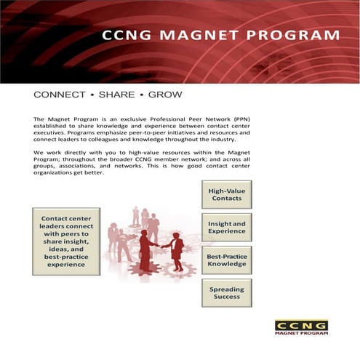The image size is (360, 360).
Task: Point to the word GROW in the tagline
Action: click(x=165, y=95)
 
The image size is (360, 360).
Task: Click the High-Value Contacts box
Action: click(x=226, y=194)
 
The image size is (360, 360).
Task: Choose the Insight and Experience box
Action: click(x=226, y=227)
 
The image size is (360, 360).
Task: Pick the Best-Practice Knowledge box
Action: click(x=226, y=260)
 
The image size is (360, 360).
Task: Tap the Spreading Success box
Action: click(x=226, y=293)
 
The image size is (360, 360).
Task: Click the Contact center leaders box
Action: click(x=66, y=241)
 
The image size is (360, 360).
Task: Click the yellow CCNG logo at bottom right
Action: click(x=301, y=325)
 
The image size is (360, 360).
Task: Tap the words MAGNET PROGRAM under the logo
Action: click(x=301, y=335)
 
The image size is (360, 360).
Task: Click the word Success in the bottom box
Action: click(x=226, y=297)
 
